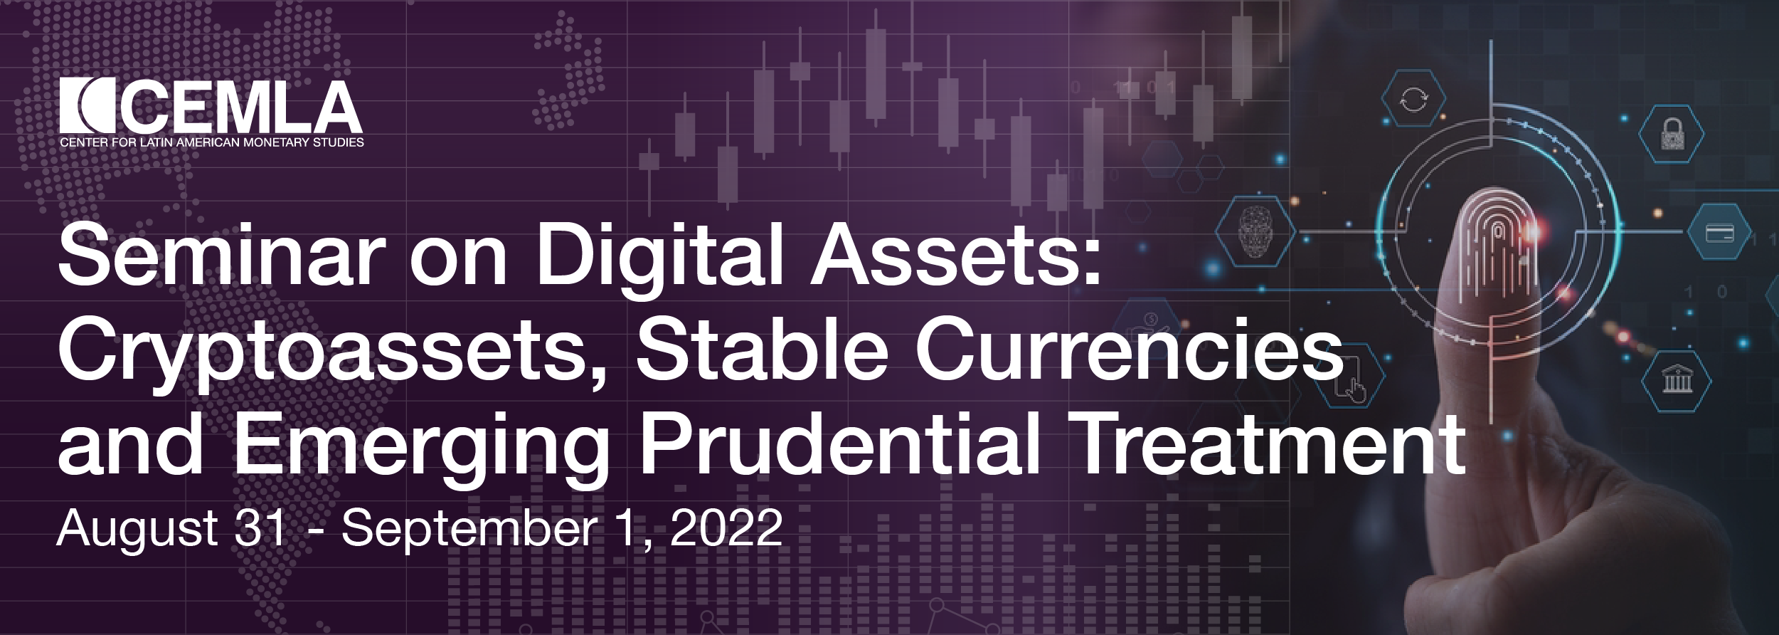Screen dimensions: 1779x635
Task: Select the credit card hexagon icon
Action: pos(1719,232)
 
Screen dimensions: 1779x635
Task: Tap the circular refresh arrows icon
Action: pos(1413,100)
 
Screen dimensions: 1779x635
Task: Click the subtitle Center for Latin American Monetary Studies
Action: pos(212,142)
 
